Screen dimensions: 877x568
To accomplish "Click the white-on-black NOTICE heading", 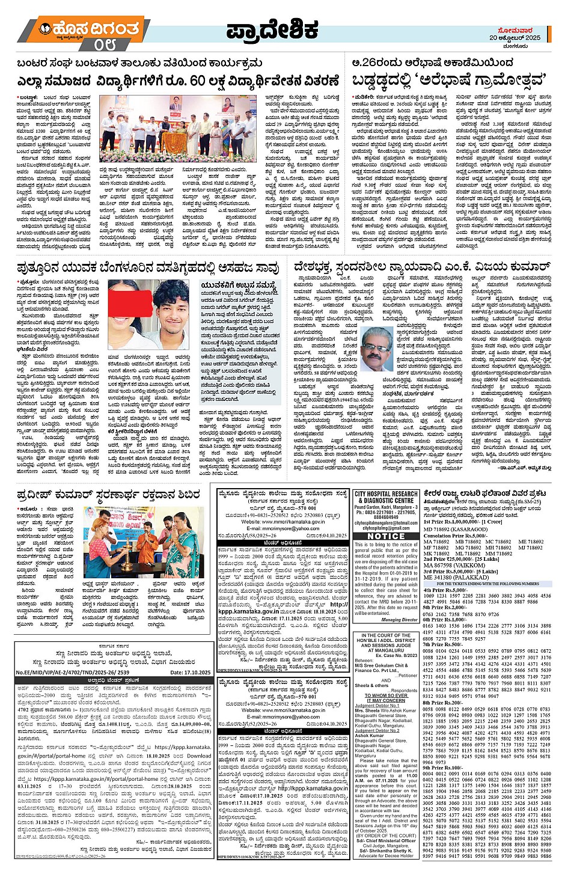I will click(x=386, y=536).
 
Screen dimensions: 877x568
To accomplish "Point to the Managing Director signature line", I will click(x=400, y=620).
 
